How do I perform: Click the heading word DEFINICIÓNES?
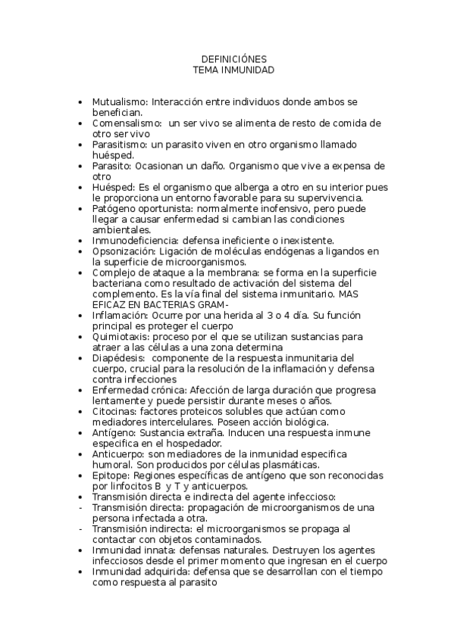(233, 58)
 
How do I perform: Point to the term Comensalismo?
(124, 123)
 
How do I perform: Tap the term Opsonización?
(123, 251)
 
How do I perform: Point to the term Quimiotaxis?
(120, 336)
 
